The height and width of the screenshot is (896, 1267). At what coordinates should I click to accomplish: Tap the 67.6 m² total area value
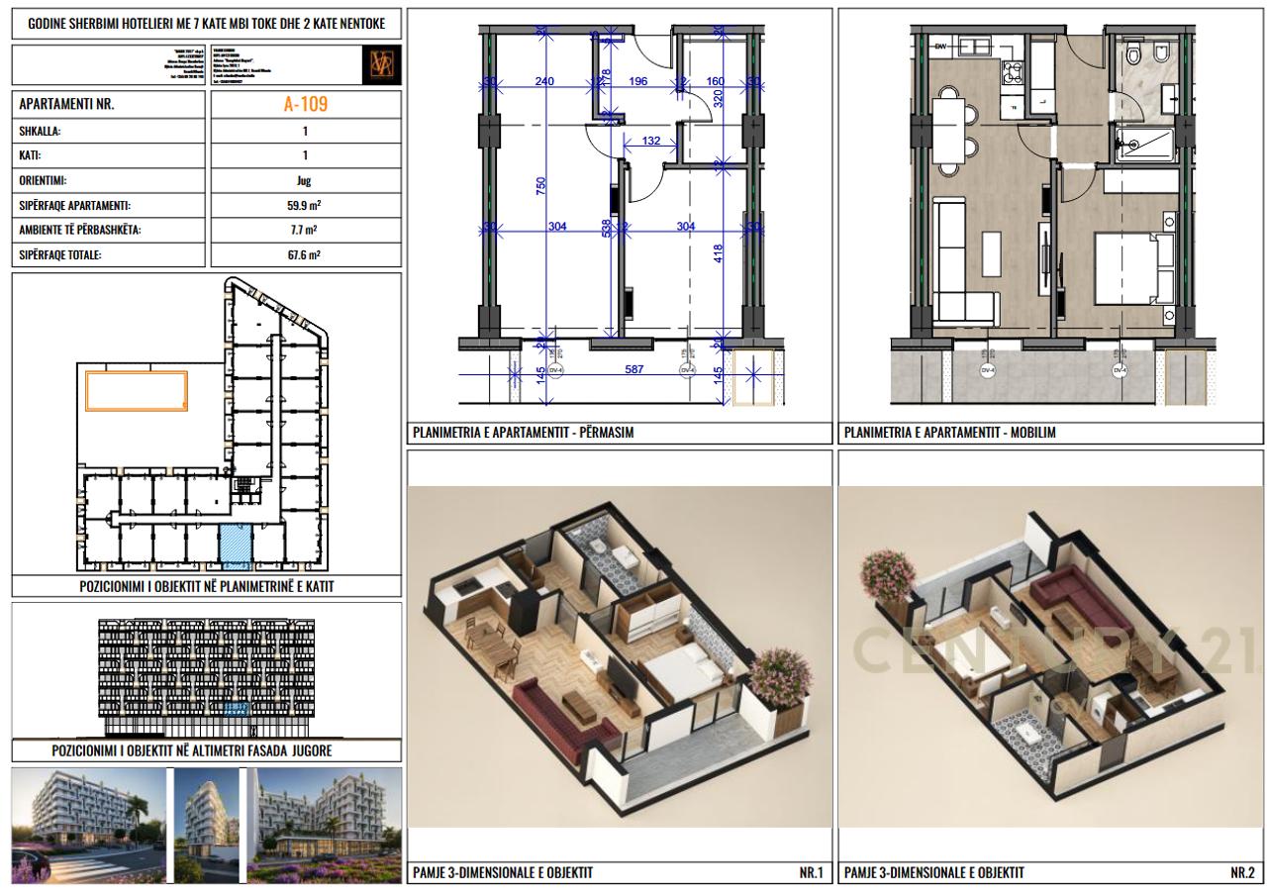pos(305,254)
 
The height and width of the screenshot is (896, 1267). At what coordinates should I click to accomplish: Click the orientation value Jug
pos(305,180)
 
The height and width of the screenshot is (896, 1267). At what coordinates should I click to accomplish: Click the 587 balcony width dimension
pos(633,370)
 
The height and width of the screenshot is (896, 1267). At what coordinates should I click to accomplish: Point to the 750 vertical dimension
pos(540,186)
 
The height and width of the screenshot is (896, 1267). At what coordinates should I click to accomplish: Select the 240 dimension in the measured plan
pos(544,81)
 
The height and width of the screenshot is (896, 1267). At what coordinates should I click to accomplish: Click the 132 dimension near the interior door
pos(650,142)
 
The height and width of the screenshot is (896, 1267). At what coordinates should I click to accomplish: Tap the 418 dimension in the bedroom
pos(719,253)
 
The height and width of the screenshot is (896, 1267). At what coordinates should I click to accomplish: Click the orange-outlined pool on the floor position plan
pos(137,390)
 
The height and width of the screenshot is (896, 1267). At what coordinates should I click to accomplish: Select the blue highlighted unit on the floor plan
pos(235,548)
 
